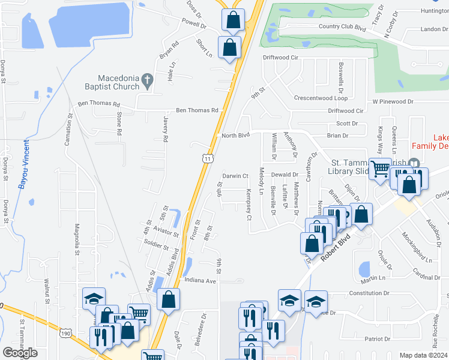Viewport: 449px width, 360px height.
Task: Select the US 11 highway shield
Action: [207, 158]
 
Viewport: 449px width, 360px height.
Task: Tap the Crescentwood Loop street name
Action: [321, 98]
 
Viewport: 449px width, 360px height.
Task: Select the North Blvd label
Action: [235, 136]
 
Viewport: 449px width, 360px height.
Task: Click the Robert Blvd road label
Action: [334, 248]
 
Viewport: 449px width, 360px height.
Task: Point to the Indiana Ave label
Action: [200, 280]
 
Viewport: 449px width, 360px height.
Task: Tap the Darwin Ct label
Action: [236, 176]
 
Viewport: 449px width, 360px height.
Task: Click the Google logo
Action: [20, 353]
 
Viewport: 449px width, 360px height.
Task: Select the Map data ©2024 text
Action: [423, 355]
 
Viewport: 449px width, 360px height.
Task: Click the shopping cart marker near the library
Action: [379, 169]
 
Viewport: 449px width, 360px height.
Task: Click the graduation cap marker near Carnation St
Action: [94, 299]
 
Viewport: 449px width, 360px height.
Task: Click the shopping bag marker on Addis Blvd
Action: [169, 299]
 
